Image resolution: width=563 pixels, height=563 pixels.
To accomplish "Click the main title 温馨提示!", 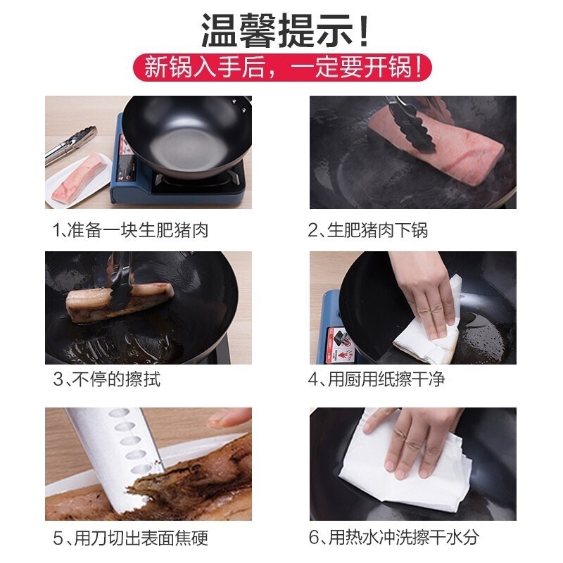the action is pyautogui.click(x=284, y=30).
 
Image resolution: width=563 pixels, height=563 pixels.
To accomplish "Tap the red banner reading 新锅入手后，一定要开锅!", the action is pyautogui.click(x=282, y=67).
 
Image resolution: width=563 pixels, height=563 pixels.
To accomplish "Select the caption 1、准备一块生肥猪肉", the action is pyautogui.click(x=131, y=230).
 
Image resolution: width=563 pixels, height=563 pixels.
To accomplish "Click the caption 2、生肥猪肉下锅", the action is pyautogui.click(x=367, y=230).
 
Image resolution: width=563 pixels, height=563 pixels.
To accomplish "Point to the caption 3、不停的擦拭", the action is pyautogui.click(x=107, y=379).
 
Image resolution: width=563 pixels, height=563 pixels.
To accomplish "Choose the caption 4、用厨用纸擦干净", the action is pyautogui.click(x=377, y=379).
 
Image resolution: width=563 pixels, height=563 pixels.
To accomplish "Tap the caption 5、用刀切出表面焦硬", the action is pyautogui.click(x=131, y=538).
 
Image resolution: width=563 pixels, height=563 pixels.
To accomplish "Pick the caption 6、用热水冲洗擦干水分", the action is pyautogui.click(x=394, y=538).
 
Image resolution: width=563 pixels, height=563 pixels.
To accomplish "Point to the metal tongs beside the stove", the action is pyautogui.click(x=70, y=145).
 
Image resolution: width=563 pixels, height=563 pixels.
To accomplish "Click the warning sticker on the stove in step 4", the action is pyautogui.click(x=340, y=344).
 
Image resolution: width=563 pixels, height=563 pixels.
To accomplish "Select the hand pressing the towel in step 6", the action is pyautogui.click(x=410, y=442).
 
